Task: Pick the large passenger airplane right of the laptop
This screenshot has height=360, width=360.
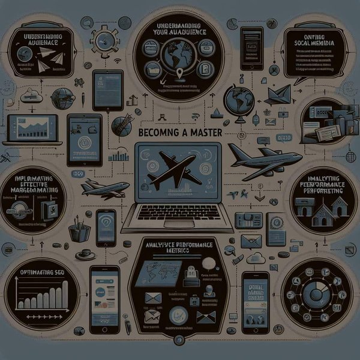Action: coord(264,157)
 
